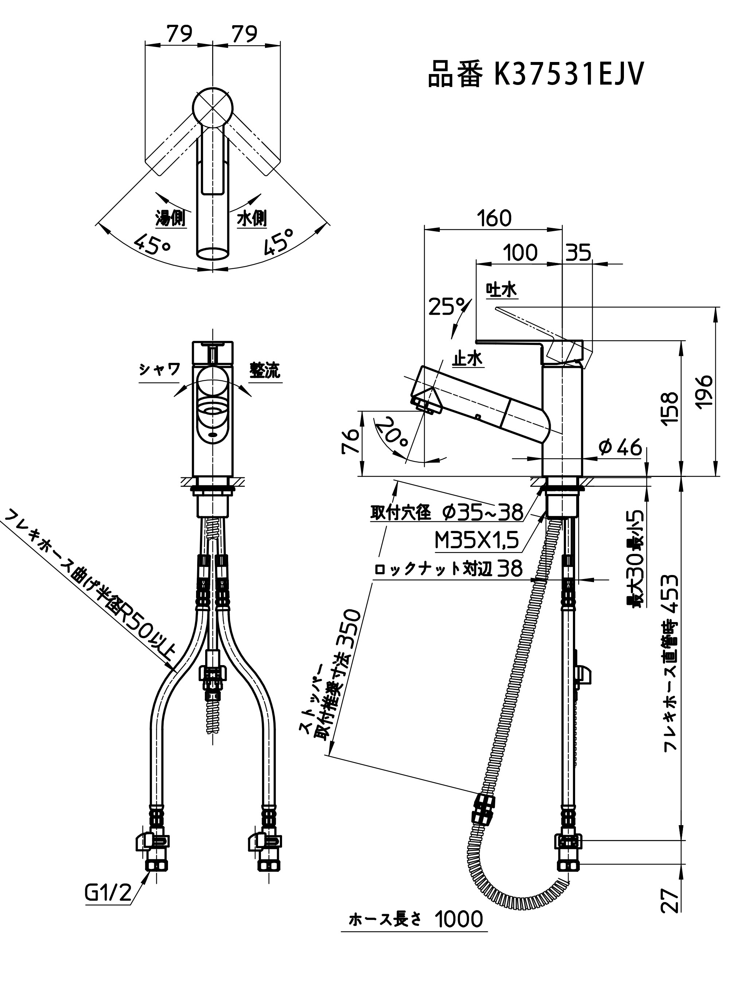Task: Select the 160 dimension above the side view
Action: tap(493, 218)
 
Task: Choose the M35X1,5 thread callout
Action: tap(477, 541)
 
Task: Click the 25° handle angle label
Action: tap(447, 307)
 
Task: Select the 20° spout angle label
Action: tap(392, 432)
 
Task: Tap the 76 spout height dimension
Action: tap(351, 441)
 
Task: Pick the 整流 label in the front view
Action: tap(265, 370)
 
